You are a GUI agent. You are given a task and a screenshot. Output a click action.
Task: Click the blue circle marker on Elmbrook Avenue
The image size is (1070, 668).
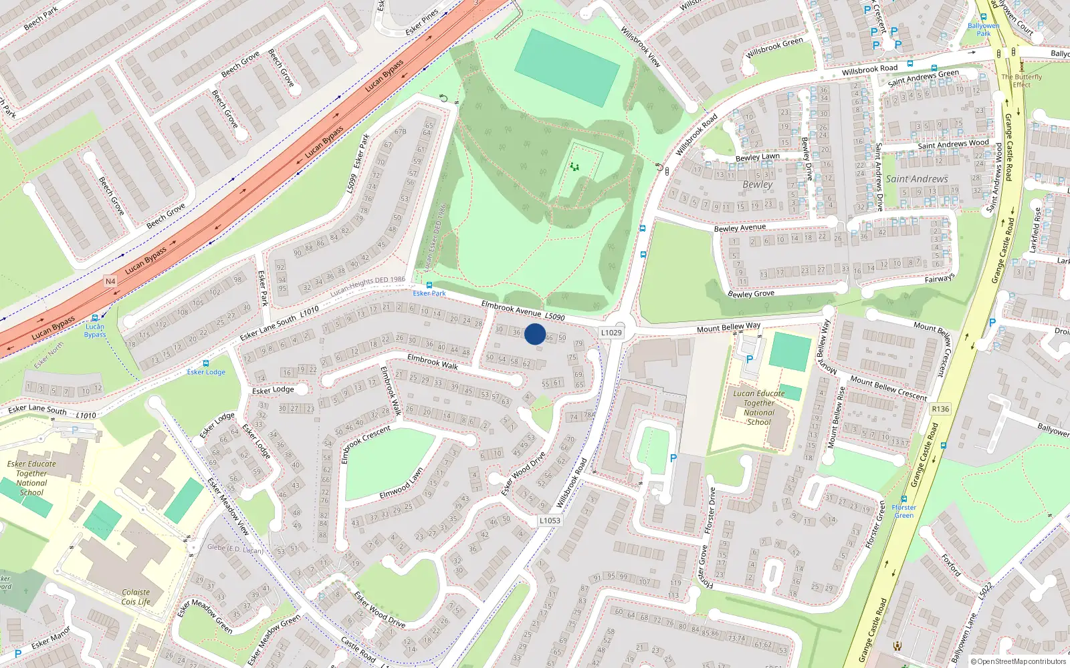pos(535,334)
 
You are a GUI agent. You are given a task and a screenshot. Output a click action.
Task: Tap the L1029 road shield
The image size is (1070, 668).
pos(611,333)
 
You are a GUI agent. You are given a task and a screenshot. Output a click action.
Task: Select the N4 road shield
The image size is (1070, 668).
pos(110,281)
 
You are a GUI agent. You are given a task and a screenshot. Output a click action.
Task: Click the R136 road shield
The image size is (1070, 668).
pos(940,409)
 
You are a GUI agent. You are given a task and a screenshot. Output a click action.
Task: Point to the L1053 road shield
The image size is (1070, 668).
pos(550,520)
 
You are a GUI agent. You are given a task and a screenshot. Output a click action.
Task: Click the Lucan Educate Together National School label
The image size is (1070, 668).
pos(759,407)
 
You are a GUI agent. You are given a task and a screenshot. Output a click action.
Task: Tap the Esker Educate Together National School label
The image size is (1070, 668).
pos(31,478)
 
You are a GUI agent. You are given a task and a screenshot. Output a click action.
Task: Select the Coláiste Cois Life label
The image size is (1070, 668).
pos(136,597)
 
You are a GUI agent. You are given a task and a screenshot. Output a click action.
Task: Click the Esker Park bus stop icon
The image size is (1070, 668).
pos(429,285)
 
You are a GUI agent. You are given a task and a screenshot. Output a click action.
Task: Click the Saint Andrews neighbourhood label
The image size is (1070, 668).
pos(917,179)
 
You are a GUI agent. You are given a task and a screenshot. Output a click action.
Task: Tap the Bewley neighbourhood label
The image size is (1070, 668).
pos(757,184)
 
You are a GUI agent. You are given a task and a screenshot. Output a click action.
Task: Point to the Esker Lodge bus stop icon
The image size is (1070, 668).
pos(205,363)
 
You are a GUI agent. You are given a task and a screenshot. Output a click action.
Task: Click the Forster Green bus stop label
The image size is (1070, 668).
pos(903,511)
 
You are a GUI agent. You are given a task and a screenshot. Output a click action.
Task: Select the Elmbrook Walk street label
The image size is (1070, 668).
pos(433,361)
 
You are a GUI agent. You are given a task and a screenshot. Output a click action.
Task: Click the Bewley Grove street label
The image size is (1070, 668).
pos(750,294)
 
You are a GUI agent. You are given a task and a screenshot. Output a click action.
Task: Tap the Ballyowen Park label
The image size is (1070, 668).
pos(983,29)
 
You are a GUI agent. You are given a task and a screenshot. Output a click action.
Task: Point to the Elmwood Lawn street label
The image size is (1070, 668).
pos(401,484)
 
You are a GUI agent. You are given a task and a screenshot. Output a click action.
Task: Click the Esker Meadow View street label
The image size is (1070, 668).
pos(228,506)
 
